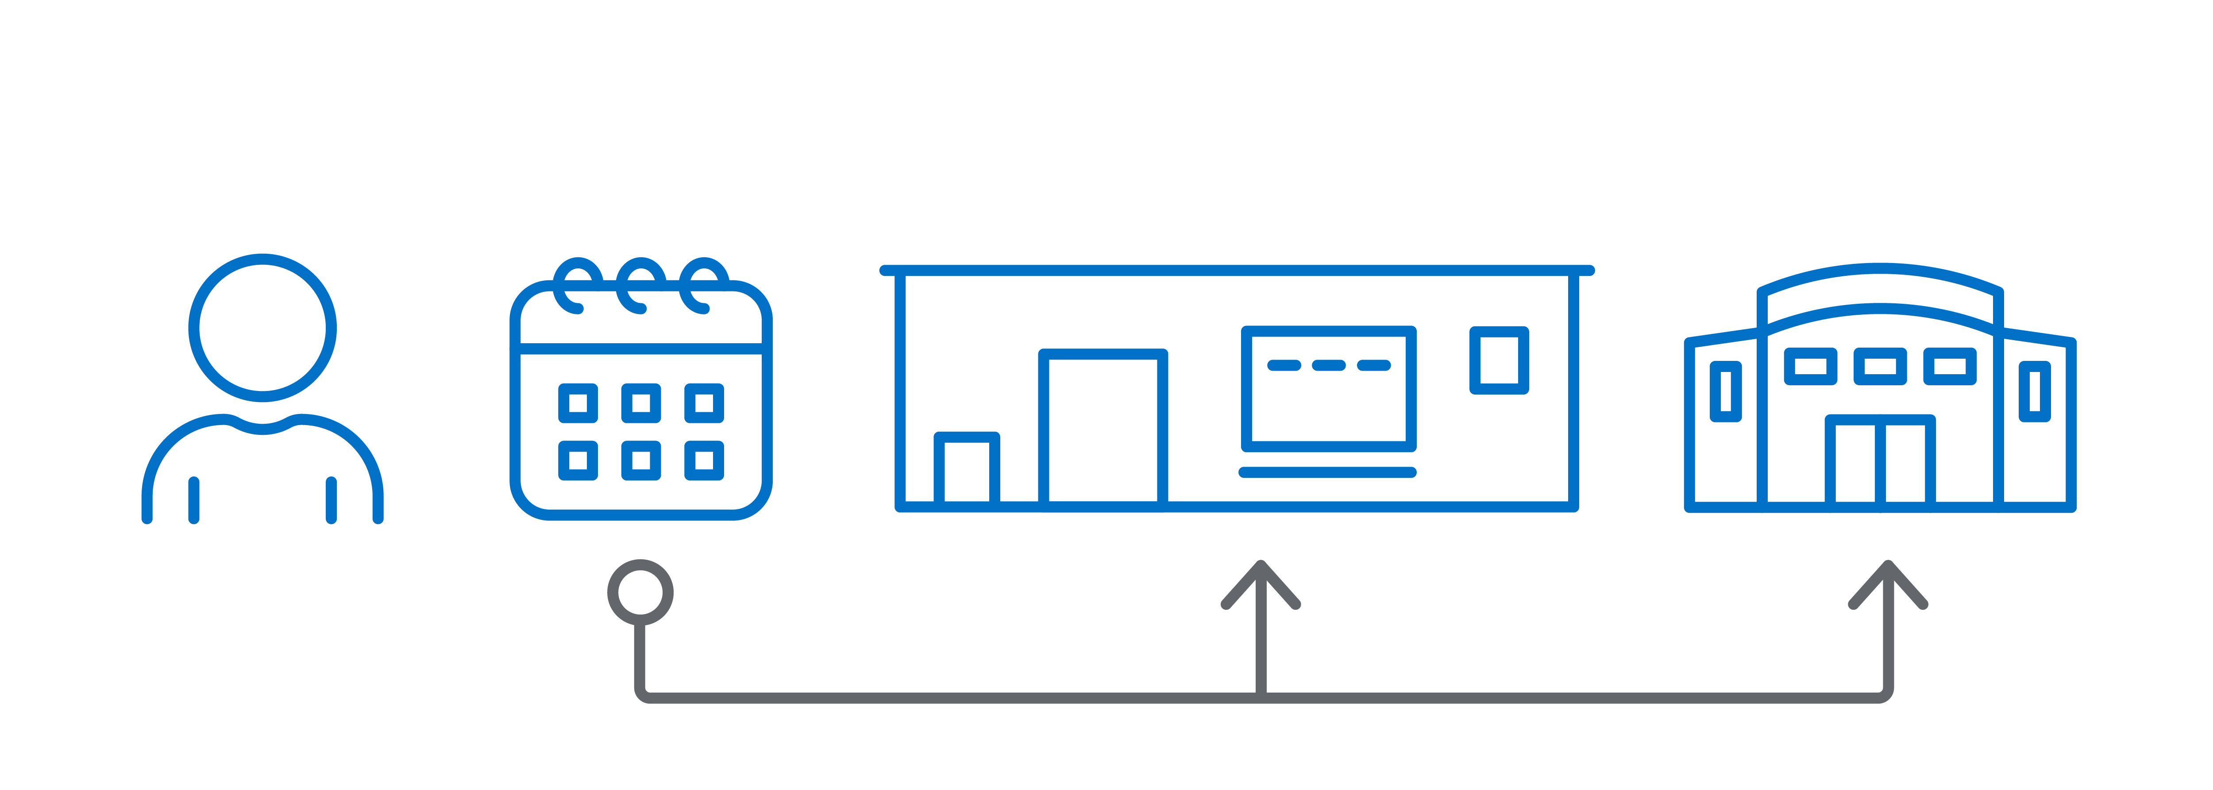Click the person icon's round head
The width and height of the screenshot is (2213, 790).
262,328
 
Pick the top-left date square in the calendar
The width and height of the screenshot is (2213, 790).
578,403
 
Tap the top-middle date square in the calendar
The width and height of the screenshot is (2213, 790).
641,403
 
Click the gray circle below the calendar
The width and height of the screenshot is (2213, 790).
640,592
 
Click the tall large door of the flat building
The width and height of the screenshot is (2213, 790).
1103,428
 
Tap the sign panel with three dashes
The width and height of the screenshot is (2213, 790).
1328,388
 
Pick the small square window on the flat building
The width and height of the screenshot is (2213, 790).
1499,360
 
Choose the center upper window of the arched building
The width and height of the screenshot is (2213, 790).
1880,366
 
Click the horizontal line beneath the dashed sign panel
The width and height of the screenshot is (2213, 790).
1327,472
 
